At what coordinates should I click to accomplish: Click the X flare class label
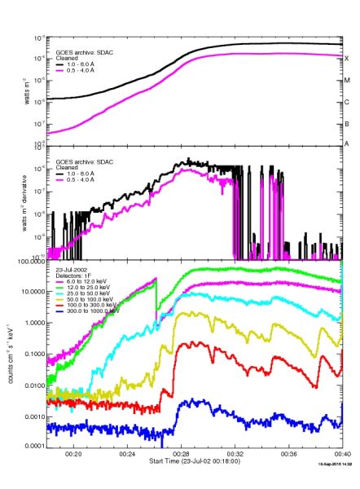pos(347,59)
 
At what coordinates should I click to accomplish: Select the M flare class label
pos(347,81)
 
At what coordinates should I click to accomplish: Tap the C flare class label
pos(347,102)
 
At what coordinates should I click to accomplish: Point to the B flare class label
pos(347,124)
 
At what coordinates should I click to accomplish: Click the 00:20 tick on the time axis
pos(74,455)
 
